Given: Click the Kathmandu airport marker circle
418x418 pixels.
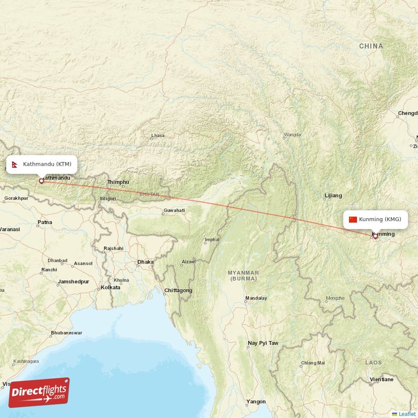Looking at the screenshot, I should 41,181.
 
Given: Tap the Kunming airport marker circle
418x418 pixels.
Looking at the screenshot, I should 375,236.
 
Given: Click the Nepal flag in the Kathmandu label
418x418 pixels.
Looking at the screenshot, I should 15,164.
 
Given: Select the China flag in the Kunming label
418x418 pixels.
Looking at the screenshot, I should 353,219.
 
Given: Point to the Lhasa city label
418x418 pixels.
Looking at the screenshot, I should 157,136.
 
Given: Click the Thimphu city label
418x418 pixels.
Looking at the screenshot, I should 118,182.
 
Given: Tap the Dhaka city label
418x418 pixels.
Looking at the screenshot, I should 145,262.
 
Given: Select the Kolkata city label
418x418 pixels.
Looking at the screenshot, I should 111,287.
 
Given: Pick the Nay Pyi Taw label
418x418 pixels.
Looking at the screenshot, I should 263,343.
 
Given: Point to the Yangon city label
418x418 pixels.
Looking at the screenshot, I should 256,402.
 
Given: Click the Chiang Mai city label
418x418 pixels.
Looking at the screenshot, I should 313,363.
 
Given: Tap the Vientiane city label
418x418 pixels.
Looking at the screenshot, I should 381,379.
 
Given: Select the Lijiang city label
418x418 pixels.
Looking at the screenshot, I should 333,195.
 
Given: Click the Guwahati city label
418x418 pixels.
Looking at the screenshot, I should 174,210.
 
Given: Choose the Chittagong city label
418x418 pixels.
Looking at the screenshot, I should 178,291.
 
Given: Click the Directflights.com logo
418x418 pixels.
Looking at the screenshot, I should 39,392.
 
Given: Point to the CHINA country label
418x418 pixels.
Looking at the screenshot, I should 371,47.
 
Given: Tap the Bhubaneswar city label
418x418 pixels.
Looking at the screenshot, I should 66,333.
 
